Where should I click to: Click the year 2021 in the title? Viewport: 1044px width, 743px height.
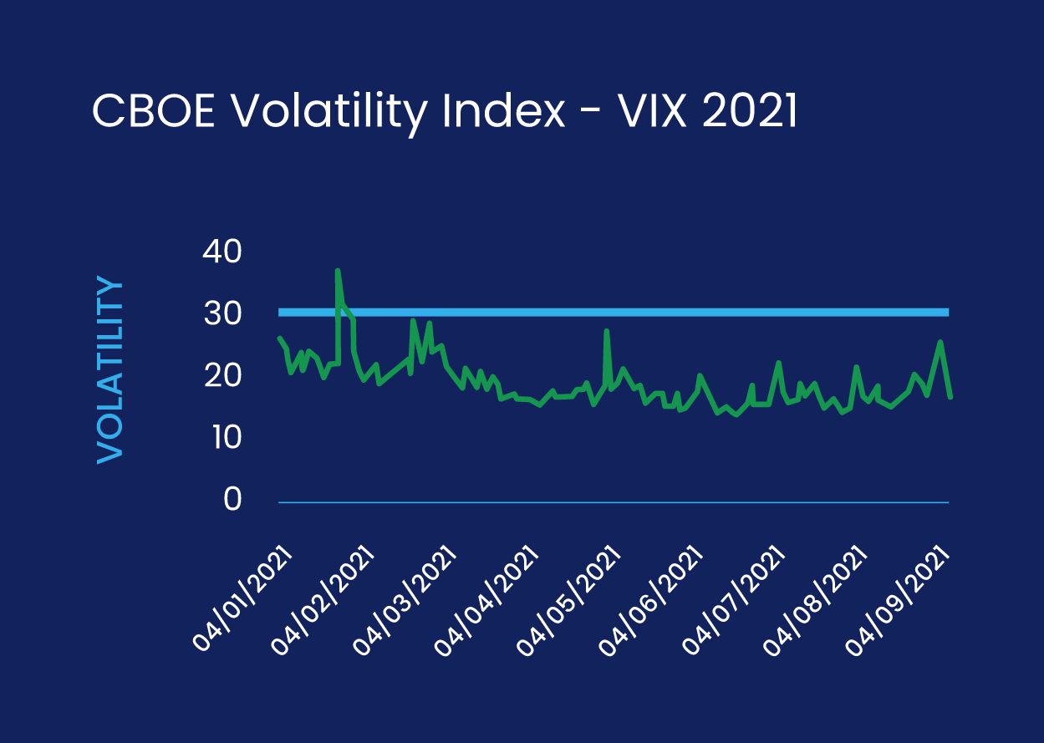pyautogui.click(x=749, y=111)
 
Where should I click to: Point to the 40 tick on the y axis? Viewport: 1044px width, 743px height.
pyautogui.click(x=222, y=252)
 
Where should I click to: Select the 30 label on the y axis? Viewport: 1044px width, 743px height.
pyautogui.click(x=222, y=314)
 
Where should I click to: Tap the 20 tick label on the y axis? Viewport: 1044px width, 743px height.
pyautogui.click(x=222, y=376)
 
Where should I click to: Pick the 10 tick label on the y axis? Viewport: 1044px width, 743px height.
pyautogui.click(x=222, y=437)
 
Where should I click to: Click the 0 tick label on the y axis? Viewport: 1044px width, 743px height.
pyautogui.click(x=232, y=500)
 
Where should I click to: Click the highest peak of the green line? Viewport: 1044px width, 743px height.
pyautogui.click(x=338, y=270)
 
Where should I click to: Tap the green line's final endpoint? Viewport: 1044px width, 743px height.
pyautogui.click(x=950, y=396)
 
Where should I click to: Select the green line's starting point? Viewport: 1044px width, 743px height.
pyautogui.click(x=279, y=338)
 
